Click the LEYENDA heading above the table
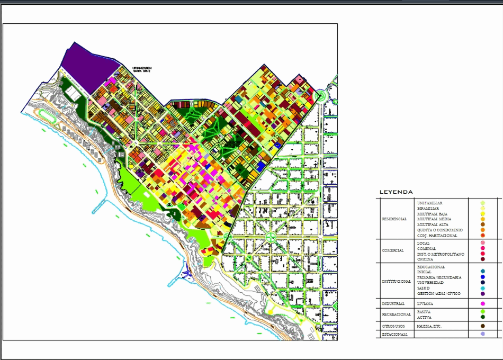click(x=396, y=192)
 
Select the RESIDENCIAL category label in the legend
click(x=394, y=219)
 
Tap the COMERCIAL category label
click(x=392, y=251)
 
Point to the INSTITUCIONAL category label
click(x=396, y=281)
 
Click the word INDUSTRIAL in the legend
click(x=393, y=304)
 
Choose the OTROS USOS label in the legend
click(x=393, y=326)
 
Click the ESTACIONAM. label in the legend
click(x=394, y=335)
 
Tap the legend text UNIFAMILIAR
click(x=429, y=203)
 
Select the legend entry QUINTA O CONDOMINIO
click(x=439, y=230)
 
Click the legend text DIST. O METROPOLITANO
click(x=441, y=254)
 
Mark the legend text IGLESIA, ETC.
click(x=429, y=326)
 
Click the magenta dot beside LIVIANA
click(x=483, y=304)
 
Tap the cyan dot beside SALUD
click(x=483, y=288)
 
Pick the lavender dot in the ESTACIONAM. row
click(x=483, y=335)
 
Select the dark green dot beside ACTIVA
click(x=483, y=317)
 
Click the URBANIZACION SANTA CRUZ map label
click(x=142, y=70)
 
